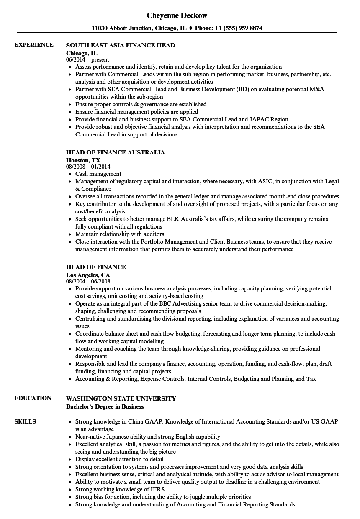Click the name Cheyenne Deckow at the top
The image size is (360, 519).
click(177, 15)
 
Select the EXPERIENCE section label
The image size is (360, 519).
click(34, 45)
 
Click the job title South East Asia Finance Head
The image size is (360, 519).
click(121, 45)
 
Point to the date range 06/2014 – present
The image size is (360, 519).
click(87, 60)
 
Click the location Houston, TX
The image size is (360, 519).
click(83, 160)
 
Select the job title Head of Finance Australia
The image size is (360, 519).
click(116, 152)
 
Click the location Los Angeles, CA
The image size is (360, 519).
click(88, 275)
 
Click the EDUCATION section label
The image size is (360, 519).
click(33, 398)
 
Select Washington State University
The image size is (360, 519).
click(121, 398)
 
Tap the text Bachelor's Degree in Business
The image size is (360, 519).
click(105, 406)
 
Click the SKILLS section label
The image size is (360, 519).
click(25, 421)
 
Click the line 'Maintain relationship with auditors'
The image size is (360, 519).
click(120, 234)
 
